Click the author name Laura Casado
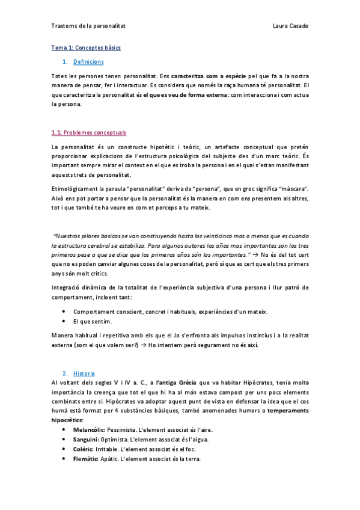290,26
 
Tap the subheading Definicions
88,62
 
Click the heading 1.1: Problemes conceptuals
89,132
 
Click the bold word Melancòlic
88,430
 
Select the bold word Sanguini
86,440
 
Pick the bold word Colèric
84,449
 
